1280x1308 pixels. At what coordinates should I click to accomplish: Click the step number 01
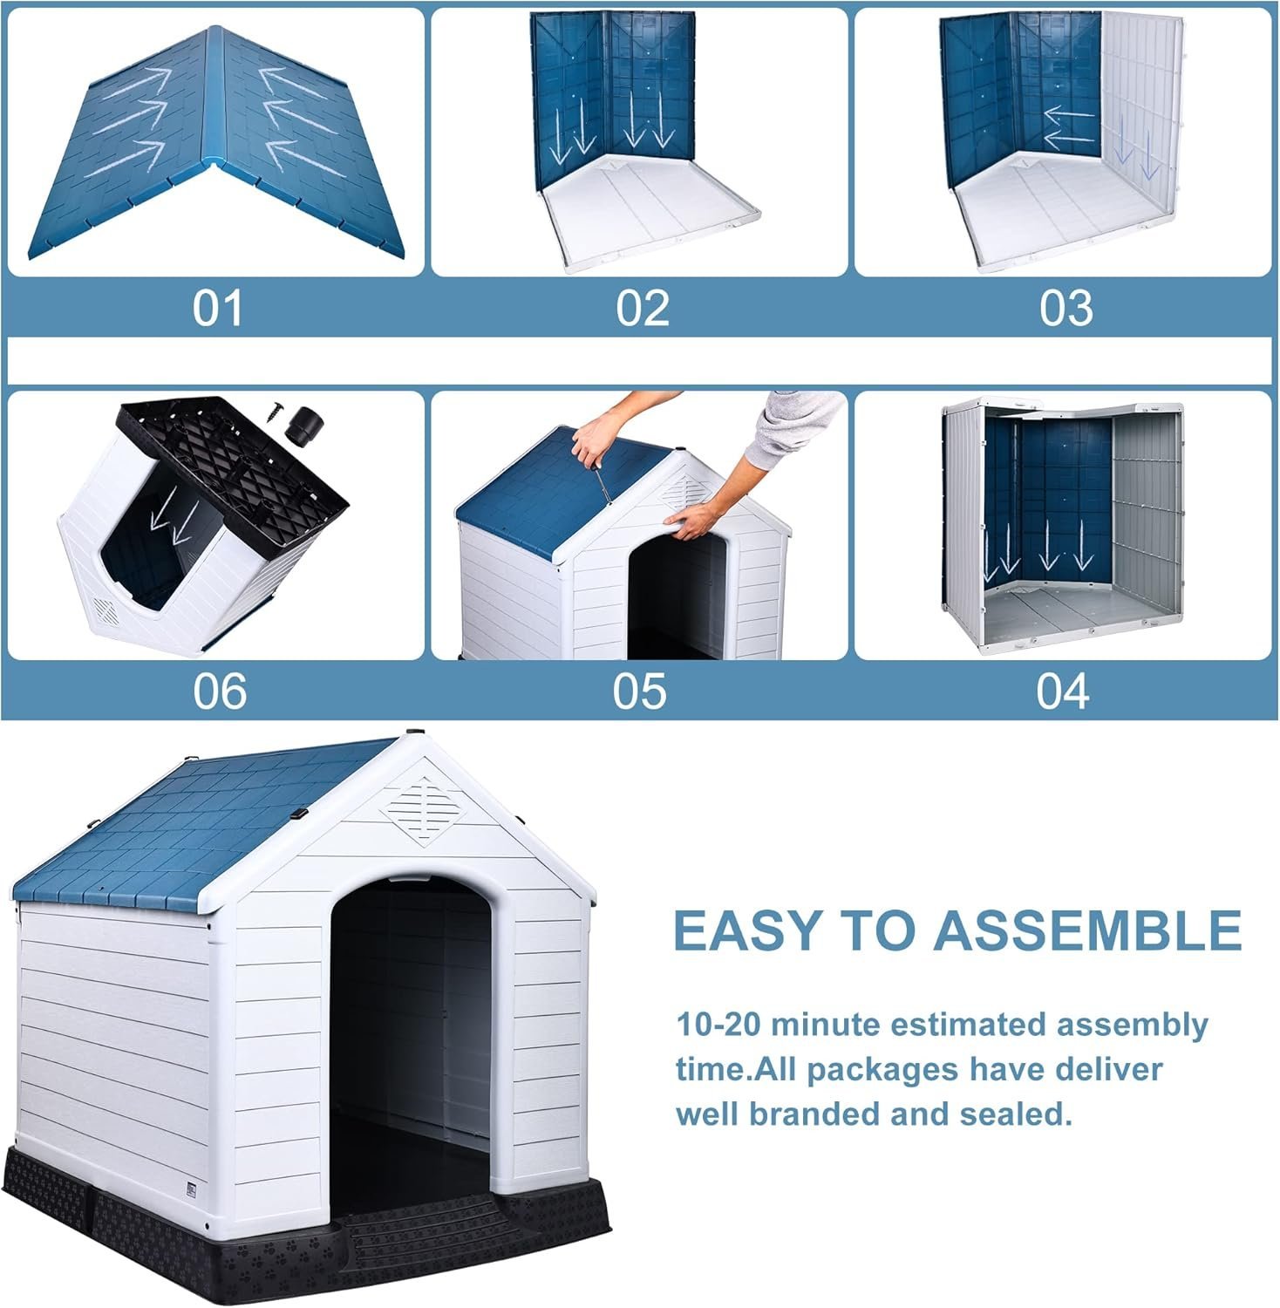pyautogui.click(x=217, y=308)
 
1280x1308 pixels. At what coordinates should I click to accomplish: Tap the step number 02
pyautogui.click(x=643, y=308)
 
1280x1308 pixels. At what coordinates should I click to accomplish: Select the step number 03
pyautogui.click(x=1066, y=308)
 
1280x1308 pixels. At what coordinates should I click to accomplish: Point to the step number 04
pyautogui.click(x=1063, y=691)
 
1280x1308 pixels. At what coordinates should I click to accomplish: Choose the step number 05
pyautogui.click(x=639, y=691)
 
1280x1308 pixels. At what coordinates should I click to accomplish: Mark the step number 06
pyautogui.click(x=220, y=691)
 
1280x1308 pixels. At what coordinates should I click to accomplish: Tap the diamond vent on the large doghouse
pyautogui.click(x=421, y=810)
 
